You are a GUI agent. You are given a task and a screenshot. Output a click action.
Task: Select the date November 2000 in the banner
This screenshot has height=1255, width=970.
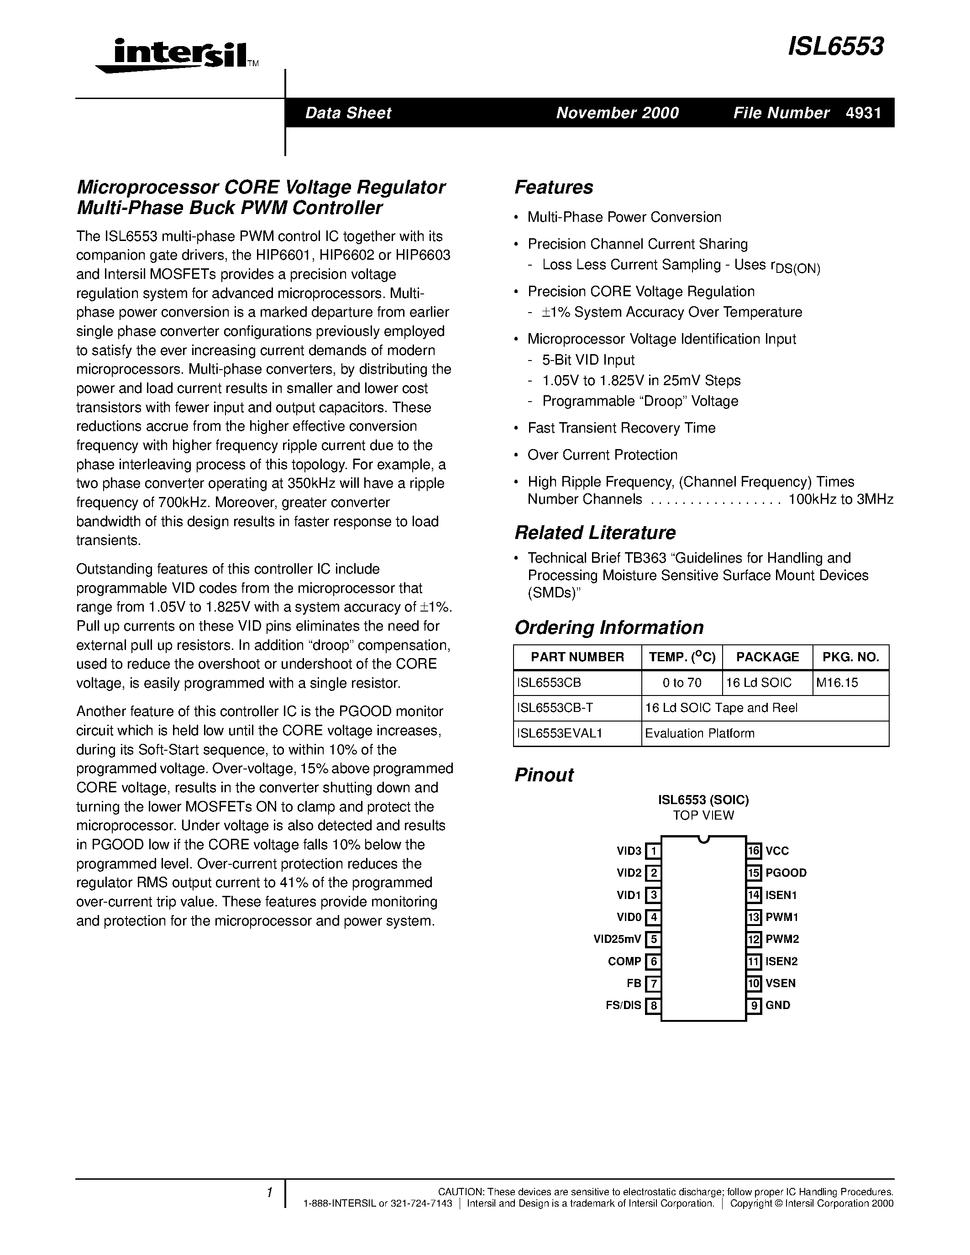(x=617, y=113)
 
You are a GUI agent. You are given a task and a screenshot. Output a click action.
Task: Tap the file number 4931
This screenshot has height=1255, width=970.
(x=863, y=113)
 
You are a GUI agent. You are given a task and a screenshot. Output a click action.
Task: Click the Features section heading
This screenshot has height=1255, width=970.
(x=553, y=187)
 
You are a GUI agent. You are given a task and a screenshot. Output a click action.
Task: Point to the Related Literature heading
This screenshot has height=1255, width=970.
(x=595, y=533)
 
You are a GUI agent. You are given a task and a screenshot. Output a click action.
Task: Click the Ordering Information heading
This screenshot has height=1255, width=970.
(x=608, y=627)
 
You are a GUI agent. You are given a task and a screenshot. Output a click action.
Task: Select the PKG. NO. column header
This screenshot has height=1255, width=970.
(x=850, y=657)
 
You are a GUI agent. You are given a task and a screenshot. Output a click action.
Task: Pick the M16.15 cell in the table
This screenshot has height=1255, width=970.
(x=837, y=683)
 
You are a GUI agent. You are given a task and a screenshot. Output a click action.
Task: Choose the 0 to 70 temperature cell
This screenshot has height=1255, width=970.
(x=682, y=683)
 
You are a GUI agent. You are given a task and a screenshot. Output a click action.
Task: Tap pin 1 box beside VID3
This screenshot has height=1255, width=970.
(x=653, y=851)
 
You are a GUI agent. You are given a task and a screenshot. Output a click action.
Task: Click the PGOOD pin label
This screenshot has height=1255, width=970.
(x=786, y=873)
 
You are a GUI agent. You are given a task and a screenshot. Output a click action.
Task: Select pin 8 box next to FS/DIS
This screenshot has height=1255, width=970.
(x=653, y=1006)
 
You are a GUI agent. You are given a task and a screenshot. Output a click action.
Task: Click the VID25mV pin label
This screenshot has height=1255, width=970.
(x=617, y=940)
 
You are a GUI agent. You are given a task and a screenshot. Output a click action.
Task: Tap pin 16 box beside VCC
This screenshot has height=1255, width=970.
(x=754, y=851)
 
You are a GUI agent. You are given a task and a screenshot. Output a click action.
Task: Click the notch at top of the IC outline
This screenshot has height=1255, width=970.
(x=703, y=840)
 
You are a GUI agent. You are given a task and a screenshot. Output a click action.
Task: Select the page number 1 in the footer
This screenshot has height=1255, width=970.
(x=269, y=1193)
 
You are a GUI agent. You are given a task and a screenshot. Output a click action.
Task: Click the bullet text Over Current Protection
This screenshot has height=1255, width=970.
(x=602, y=455)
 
